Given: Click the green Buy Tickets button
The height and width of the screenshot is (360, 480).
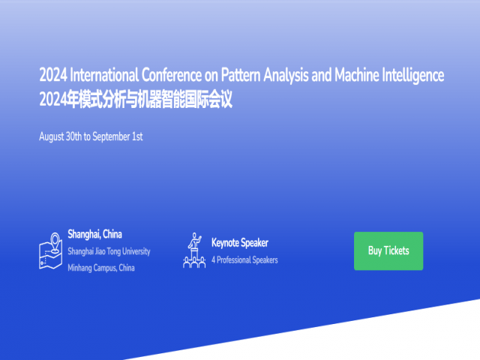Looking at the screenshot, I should (x=388, y=250).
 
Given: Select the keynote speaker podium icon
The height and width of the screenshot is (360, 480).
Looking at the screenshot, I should (x=194, y=250).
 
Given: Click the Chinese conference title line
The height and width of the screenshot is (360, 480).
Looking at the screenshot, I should (x=136, y=99).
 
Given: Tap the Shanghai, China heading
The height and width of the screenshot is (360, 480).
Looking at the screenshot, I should (x=94, y=234).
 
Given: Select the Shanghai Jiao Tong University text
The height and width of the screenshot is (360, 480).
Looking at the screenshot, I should (x=109, y=251).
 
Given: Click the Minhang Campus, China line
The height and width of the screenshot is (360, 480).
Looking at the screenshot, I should (x=101, y=268).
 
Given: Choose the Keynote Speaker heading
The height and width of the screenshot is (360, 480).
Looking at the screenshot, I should (x=239, y=242).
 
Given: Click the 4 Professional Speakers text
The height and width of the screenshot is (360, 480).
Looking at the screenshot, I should (x=244, y=260).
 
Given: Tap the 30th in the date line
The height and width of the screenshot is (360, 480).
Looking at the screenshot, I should (x=79, y=136).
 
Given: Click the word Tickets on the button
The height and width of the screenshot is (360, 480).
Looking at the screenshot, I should (x=397, y=250).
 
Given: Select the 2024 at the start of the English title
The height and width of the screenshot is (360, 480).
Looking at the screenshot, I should (x=53, y=76).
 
